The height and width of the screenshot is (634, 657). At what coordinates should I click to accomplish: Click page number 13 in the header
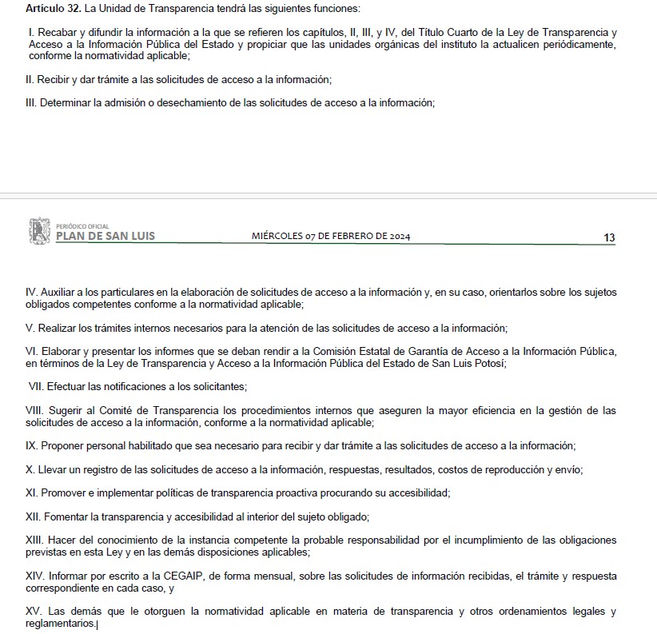click(x=609, y=237)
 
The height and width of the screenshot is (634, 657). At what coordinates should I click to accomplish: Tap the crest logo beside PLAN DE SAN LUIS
click(x=39, y=230)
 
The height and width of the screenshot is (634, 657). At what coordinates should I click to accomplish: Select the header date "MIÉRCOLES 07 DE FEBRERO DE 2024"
click(x=331, y=236)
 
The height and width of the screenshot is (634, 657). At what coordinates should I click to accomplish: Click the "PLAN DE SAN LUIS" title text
click(x=106, y=236)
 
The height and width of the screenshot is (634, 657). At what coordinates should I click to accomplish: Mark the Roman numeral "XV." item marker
click(x=35, y=612)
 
